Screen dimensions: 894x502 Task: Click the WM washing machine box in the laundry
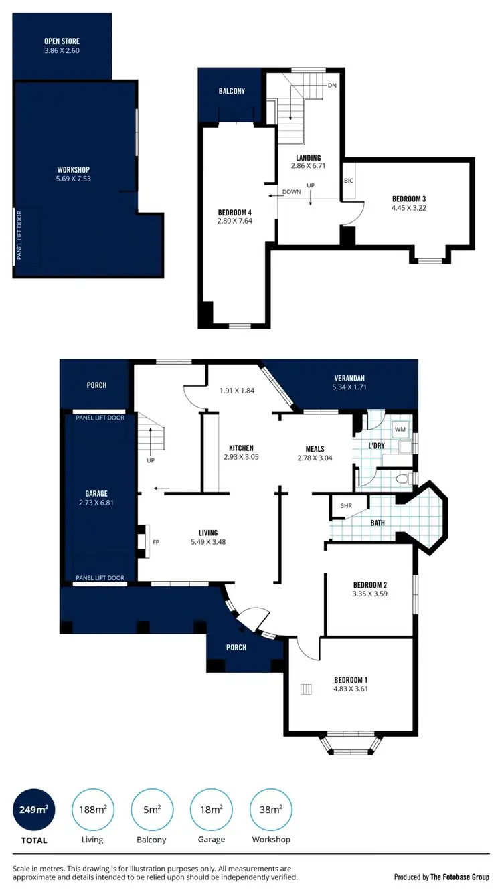400,428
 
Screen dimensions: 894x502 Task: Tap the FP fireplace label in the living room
156,542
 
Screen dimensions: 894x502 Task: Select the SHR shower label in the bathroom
346,506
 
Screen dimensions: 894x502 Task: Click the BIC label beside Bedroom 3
348,181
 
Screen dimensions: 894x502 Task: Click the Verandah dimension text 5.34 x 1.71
351,387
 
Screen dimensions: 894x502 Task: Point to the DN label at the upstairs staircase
332,86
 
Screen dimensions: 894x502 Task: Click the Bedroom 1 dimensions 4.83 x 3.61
351,689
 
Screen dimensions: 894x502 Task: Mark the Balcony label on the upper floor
232,91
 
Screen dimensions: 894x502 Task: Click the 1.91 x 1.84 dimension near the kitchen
238,390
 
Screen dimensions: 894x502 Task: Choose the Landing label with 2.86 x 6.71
309,161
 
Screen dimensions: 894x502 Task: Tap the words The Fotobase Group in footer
461,877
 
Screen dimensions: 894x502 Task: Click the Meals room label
315,449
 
